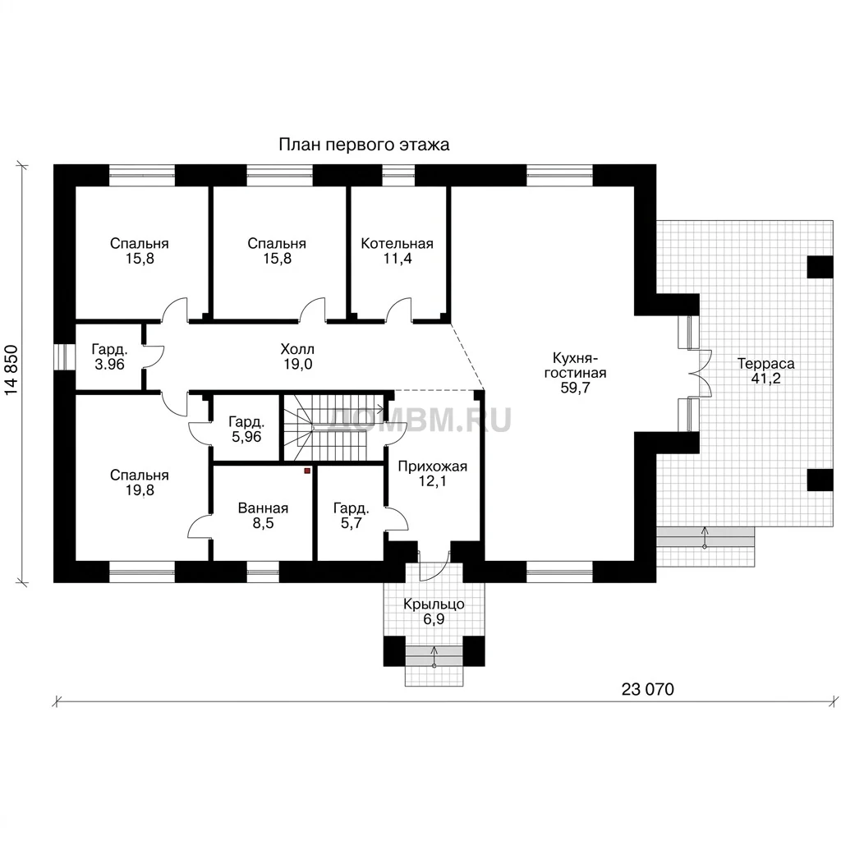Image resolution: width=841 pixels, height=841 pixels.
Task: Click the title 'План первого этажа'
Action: coord(364,145)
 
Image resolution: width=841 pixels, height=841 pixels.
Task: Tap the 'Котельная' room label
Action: coord(397,243)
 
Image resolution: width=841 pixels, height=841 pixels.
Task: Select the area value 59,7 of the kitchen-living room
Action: coord(575,388)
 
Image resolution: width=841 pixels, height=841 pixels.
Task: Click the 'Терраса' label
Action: coord(766,363)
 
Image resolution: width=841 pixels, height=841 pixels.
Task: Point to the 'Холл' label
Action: coord(297,350)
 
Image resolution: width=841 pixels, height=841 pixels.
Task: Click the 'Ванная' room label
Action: coord(263,508)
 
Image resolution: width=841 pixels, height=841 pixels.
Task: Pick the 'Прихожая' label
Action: coord(432,466)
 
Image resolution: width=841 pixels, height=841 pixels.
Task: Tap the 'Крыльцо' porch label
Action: coord(434,604)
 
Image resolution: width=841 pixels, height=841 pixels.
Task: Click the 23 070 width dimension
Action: coord(648,689)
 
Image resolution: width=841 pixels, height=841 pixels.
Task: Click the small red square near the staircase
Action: coord(307,471)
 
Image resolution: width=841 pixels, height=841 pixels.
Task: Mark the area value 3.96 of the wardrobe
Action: coord(109,365)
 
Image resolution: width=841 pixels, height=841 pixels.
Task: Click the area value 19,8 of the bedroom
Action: coord(140,489)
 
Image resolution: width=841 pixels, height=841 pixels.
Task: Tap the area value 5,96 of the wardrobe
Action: coord(246,437)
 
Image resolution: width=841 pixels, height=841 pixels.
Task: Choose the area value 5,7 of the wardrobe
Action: coord(352,523)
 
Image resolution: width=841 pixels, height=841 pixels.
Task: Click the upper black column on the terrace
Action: coord(820,267)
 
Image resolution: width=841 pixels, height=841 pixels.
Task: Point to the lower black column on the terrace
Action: coord(820,480)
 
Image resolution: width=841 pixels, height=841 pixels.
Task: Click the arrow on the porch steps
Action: coord(434,656)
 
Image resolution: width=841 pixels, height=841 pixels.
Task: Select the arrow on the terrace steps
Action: coord(705,537)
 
